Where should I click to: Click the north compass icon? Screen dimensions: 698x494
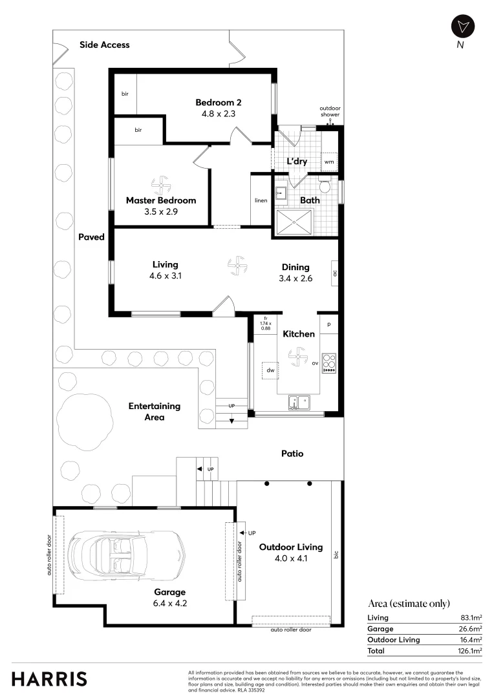(x=462, y=26)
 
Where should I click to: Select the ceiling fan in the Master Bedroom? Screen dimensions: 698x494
(x=160, y=185)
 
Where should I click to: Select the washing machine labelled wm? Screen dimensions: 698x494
(x=328, y=162)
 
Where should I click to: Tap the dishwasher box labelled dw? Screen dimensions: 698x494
(x=270, y=371)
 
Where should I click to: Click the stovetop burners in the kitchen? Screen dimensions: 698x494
(x=329, y=363)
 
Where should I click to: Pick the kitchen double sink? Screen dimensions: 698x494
(x=299, y=403)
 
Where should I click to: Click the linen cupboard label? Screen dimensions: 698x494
(x=261, y=200)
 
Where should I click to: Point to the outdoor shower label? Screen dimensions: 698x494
(x=329, y=112)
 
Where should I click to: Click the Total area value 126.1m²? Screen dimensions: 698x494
(x=469, y=651)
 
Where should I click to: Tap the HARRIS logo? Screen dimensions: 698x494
(x=49, y=679)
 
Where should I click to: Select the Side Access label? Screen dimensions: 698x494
(x=104, y=45)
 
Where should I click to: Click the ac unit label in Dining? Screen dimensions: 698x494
(x=335, y=273)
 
